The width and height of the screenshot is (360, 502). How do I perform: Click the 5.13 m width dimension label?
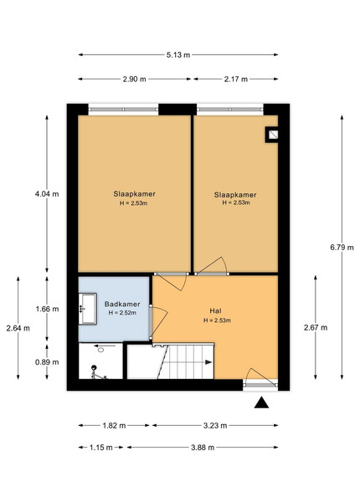[x=178, y=54]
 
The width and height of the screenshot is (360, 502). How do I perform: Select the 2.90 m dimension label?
[x=134, y=79]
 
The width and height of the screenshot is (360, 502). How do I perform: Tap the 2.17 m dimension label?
[x=236, y=79]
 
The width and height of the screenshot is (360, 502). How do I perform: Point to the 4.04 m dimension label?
[x=47, y=194]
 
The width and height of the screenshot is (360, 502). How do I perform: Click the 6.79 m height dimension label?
[x=342, y=247]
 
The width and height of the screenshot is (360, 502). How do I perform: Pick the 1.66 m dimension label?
[x=47, y=309]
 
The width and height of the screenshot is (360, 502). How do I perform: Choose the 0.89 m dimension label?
[x=47, y=362]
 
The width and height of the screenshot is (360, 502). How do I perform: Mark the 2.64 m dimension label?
[x=18, y=328]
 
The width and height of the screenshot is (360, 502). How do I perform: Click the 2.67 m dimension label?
[x=316, y=327]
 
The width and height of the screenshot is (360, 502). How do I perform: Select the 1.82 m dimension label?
[x=114, y=426]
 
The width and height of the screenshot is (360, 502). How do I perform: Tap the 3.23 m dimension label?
[x=215, y=426]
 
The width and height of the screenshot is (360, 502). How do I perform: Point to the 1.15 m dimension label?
[x=101, y=448]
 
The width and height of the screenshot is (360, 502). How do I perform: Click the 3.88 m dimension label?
[x=203, y=448]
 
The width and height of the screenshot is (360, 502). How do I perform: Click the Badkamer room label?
[x=122, y=305]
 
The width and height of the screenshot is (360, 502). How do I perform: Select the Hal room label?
[x=215, y=310]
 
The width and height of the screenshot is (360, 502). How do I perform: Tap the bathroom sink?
[x=88, y=309]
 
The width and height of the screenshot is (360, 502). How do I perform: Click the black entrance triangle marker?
[x=261, y=402]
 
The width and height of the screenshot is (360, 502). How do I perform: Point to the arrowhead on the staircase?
[x=208, y=362]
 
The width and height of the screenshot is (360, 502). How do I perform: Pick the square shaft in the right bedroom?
[x=272, y=135]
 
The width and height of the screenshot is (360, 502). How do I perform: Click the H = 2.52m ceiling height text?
[x=122, y=312]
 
